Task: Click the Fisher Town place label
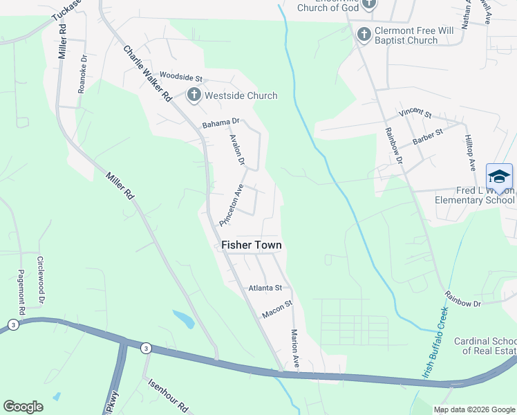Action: (x=251, y=245)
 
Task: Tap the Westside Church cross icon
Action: (x=194, y=95)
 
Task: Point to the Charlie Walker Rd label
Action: (x=147, y=74)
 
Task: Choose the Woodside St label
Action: (x=180, y=76)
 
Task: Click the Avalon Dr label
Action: (x=237, y=149)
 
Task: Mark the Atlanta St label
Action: (x=265, y=288)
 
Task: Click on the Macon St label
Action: (x=277, y=308)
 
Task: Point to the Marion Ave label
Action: (x=295, y=349)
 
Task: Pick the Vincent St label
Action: (x=415, y=112)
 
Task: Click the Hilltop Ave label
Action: (x=470, y=153)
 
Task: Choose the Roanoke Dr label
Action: (x=82, y=74)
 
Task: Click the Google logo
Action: (x=23, y=407)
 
